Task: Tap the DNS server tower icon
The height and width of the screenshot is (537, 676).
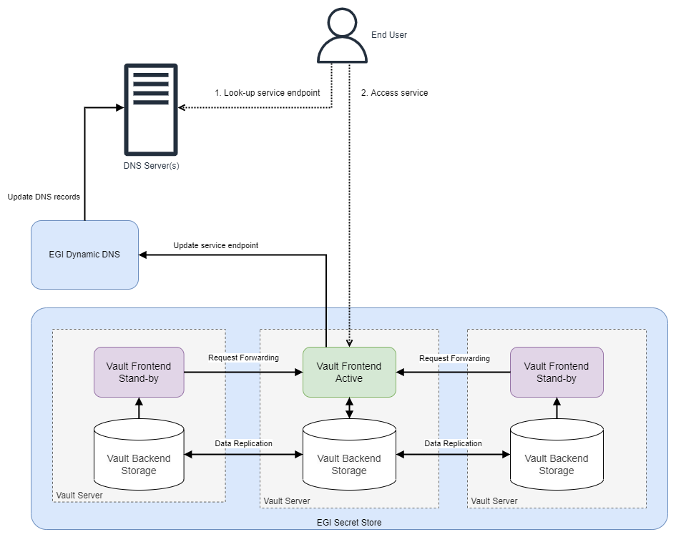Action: tap(151, 109)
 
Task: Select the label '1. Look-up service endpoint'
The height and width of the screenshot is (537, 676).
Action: tap(267, 93)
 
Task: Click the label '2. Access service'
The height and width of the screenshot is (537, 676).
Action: tap(394, 93)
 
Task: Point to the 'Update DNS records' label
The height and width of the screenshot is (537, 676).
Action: tap(44, 197)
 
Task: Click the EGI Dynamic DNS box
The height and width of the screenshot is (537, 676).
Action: tap(84, 255)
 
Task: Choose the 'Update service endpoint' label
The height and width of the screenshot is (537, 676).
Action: tap(215, 245)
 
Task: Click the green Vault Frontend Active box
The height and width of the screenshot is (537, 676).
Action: tap(349, 372)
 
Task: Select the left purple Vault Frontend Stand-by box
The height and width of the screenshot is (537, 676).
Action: tap(139, 372)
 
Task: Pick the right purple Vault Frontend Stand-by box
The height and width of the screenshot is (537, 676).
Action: tap(557, 372)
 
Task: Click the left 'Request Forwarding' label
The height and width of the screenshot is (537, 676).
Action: tap(243, 358)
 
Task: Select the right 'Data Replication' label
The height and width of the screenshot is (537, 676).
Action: tap(453, 443)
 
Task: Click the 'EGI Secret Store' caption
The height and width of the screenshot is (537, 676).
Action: tap(349, 522)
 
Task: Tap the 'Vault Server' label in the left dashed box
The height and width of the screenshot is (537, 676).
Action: tap(79, 495)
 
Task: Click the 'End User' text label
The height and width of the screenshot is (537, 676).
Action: tap(388, 34)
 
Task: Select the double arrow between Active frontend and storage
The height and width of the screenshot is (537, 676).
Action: tap(349, 408)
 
